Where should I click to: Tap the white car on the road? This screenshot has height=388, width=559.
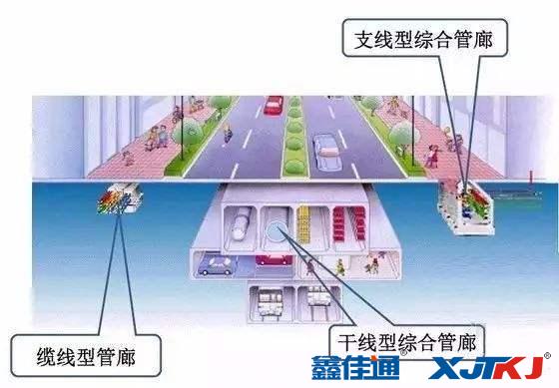pos(326,150)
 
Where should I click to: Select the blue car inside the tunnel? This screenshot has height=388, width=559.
pos(217,265)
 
